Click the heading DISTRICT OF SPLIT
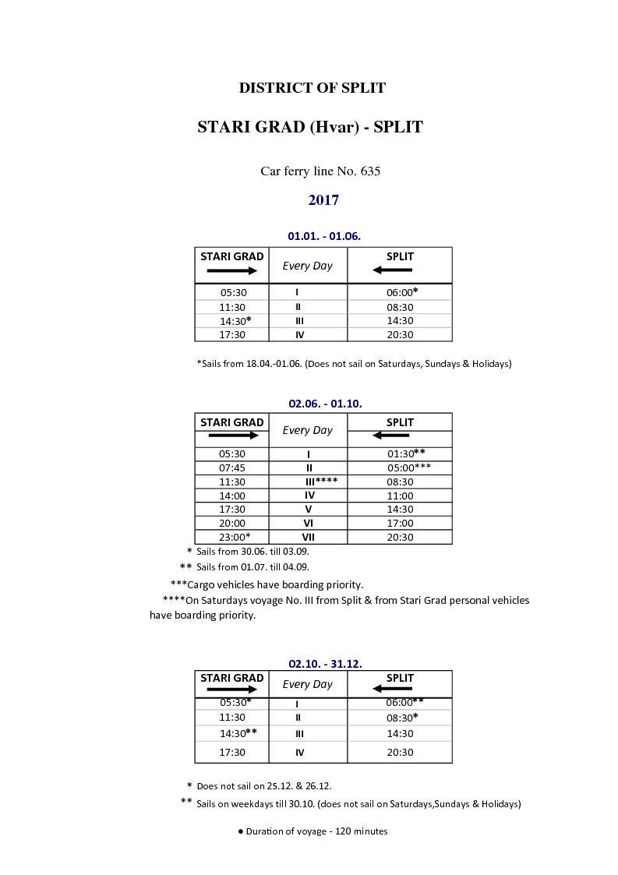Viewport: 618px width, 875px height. click(312, 88)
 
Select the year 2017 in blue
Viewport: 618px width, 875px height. click(323, 200)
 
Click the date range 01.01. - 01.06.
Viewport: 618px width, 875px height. click(324, 235)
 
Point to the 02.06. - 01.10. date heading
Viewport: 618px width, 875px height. click(325, 404)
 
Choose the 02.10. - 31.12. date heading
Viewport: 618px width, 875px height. click(325, 664)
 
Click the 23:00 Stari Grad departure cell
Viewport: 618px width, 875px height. click(234, 537)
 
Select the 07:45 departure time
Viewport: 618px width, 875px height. click(232, 467)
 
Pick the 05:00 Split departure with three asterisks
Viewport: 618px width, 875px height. click(408, 467)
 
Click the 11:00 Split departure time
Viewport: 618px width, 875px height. click(400, 496)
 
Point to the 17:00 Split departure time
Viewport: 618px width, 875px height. click(400, 524)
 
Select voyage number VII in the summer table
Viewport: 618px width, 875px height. click(308, 537)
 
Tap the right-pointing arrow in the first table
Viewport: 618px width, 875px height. click(231, 270)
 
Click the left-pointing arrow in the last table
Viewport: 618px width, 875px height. click(392, 689)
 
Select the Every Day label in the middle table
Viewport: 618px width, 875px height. click(307, 430)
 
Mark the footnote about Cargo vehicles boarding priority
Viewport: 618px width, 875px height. click(267, 584)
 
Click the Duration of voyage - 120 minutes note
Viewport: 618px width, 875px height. click(313, 831)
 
